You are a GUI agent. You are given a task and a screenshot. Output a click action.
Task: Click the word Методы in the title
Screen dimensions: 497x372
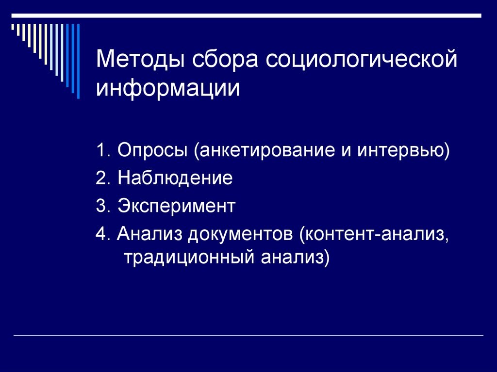coord(140,60)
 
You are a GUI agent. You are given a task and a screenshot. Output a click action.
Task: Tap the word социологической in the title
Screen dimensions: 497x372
coord(361,60)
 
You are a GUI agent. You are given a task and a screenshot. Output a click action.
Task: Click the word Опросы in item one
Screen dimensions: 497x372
coord(152,150)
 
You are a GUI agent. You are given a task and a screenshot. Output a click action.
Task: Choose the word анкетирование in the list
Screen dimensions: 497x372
coord(265,150)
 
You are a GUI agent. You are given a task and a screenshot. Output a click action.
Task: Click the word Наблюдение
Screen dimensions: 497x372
coord(175,178)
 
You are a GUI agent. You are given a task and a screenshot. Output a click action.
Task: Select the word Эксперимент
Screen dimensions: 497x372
coord(176,206)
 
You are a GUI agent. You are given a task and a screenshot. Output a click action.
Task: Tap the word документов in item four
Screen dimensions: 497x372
coord(240,234)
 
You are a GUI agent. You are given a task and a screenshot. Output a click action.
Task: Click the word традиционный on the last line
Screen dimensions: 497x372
coord(189,257)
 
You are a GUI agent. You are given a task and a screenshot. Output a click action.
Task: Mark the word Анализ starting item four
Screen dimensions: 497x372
coord(149,234)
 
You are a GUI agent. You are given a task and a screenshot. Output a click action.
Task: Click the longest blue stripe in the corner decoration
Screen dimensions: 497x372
coord(78,61)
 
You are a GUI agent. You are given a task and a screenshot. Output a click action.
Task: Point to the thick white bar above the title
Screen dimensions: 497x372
coord(246,16)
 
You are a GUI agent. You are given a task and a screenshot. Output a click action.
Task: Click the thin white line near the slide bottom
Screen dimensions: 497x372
coord(248,335)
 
